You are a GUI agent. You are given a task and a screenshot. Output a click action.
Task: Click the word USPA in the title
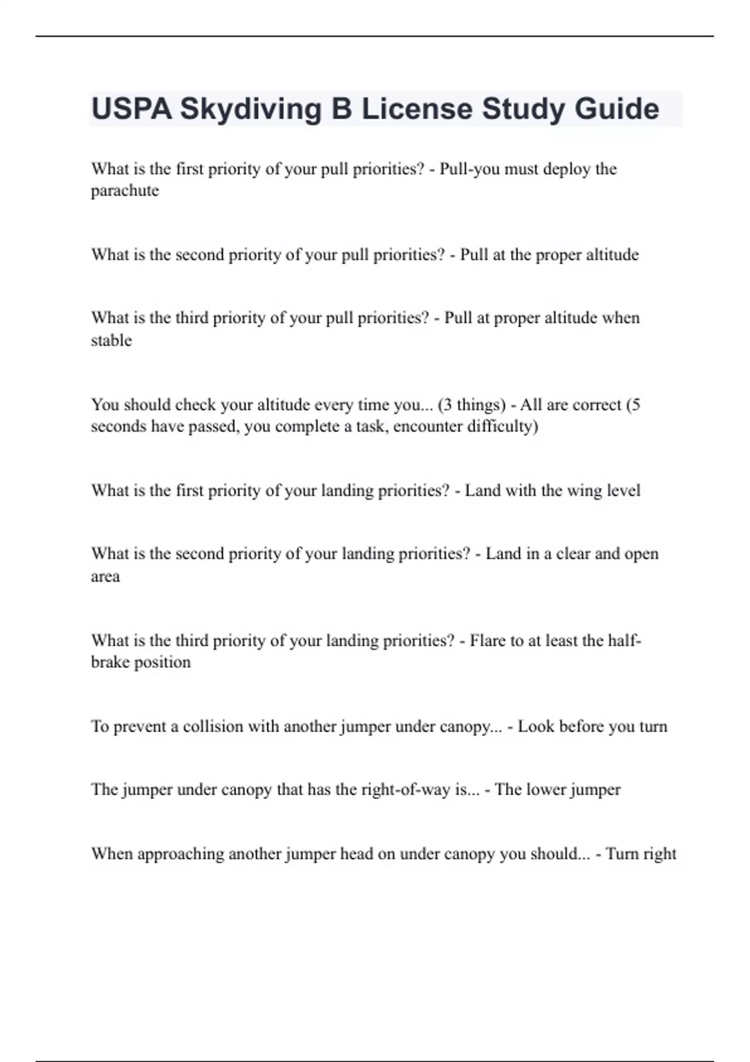pyautogui.click(x=132, y=109)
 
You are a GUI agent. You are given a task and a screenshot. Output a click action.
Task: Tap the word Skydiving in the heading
pyautogui.click(x=250, y=109)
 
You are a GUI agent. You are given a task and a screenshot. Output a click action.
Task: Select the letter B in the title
pyautogui.click(x=341, y=109)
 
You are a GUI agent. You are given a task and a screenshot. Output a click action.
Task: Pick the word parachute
pyautogui.click(x=125, y=191)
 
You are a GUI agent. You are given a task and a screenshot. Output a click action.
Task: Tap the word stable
pyautogui.click(x=111, y=340)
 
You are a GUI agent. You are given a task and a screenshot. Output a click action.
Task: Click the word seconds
pyautogui.click(x=119, y=427)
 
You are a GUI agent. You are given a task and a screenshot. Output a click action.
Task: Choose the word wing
pyautogui.click(x=584, y=490)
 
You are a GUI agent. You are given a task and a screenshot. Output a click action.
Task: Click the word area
pyautogui.click(x=105, y=577)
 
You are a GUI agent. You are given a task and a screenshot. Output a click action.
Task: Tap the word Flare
pyautogui.click(x=487, y=640)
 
